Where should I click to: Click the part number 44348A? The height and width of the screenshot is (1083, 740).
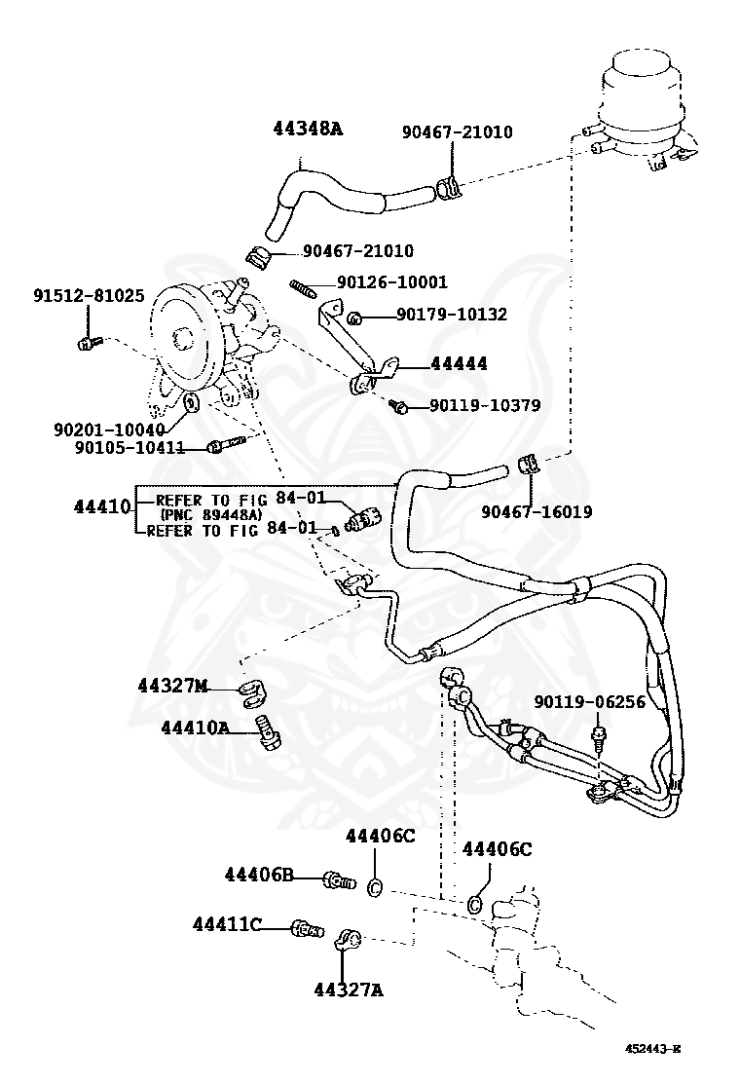click(x=308, y=129)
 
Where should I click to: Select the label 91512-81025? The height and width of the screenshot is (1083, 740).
click(x=89, y=295)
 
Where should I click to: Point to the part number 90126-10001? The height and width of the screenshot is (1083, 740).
click(x=391, y=282)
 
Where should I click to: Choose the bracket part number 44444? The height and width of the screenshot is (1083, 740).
click(x=460, y=363)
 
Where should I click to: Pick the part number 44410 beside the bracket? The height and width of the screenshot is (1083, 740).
click(x=102, y=506)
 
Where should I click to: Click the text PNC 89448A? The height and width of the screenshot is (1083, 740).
click(x=212, y=514)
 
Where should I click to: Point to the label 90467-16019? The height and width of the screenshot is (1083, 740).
click(x=536, y=511)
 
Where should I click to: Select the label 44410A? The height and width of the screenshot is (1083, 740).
click(x=196, y=727)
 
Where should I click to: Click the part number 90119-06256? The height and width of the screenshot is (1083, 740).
click(x=589, y=701)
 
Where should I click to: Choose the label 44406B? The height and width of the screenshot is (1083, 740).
click(x=259, y=875)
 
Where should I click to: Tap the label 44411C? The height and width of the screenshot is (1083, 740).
click(x=227, y=923)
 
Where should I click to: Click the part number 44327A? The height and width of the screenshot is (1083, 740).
click(x=349, y=990)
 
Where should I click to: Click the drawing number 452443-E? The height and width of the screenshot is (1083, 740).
click(x=651, y=1050)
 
